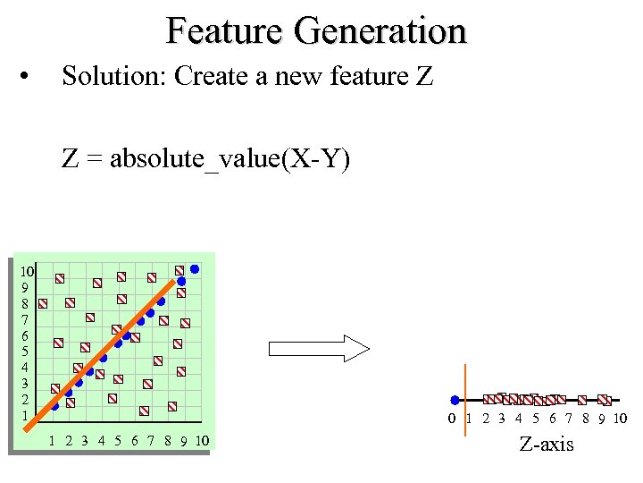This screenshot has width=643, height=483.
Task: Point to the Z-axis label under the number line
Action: tap(547, 445)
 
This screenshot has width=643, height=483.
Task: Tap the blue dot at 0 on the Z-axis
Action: tap(455, 400)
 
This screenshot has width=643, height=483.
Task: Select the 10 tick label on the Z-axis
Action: tap(620, 419)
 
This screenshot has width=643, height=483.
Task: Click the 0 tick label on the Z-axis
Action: tap(453, 419)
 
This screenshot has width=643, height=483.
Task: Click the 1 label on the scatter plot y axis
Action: tap(25, 415)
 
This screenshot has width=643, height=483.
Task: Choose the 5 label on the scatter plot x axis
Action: tap(117, 440)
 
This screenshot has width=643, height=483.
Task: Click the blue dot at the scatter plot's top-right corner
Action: tap(195, 267)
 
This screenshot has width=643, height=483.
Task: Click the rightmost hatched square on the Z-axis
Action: tap(604, 400)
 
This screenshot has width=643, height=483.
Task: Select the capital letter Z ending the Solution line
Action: tap(424, 77)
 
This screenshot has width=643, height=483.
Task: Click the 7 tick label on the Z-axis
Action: tap(568, 419)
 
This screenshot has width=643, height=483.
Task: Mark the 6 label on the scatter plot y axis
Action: tap(25, 335)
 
